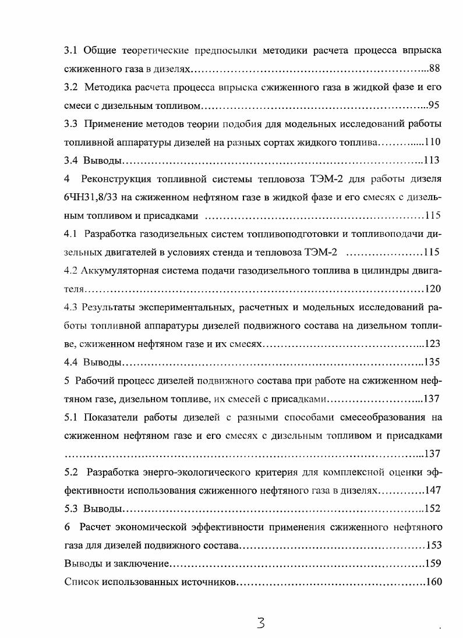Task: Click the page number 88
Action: (434, 69)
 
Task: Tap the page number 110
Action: (432, 143)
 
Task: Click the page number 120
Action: (433, 289)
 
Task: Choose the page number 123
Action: (433, 344)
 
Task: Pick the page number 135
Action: (432, 363)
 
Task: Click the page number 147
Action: (433, 490)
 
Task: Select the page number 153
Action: (433, 545)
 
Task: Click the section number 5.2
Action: (71, 472)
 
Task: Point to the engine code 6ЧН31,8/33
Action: (93, 198)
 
